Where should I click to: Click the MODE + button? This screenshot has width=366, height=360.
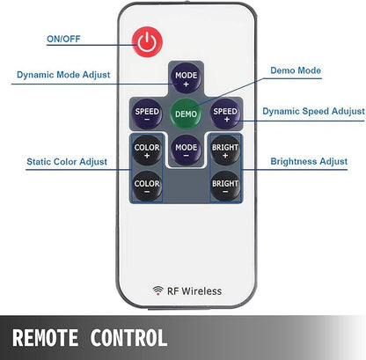(x=186, y=78)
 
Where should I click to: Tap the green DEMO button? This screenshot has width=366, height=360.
(x=186, y=114)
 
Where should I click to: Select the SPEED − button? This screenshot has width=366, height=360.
(x=147, y=114)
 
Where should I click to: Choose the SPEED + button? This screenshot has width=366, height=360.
(x=225, y=114)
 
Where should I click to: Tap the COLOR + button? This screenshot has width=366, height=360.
(x=147, y=150)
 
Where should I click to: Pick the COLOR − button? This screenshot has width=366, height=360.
(x=147, y=186)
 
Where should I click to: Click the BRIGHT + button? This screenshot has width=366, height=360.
(x=225, y=150)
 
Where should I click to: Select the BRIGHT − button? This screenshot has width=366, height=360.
(x=225, y=186)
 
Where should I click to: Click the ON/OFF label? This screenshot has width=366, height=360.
(x=63, y=39)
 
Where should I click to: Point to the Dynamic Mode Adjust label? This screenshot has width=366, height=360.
(x=63, y=75)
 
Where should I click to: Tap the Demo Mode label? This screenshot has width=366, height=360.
(x=296, y=70)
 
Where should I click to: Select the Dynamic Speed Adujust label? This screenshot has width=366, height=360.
(x=313, y=111)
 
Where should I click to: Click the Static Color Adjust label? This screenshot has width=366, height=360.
(x=67, y=162)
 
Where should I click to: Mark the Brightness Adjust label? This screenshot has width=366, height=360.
(x=309, y=161)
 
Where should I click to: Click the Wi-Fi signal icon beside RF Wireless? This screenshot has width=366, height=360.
(x=158, y=290)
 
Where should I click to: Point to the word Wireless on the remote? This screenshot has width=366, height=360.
(x=201, y=291)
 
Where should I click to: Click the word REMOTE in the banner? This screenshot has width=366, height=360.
(x=45, y=337)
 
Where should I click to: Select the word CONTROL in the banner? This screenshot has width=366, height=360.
(x=128, y=337)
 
